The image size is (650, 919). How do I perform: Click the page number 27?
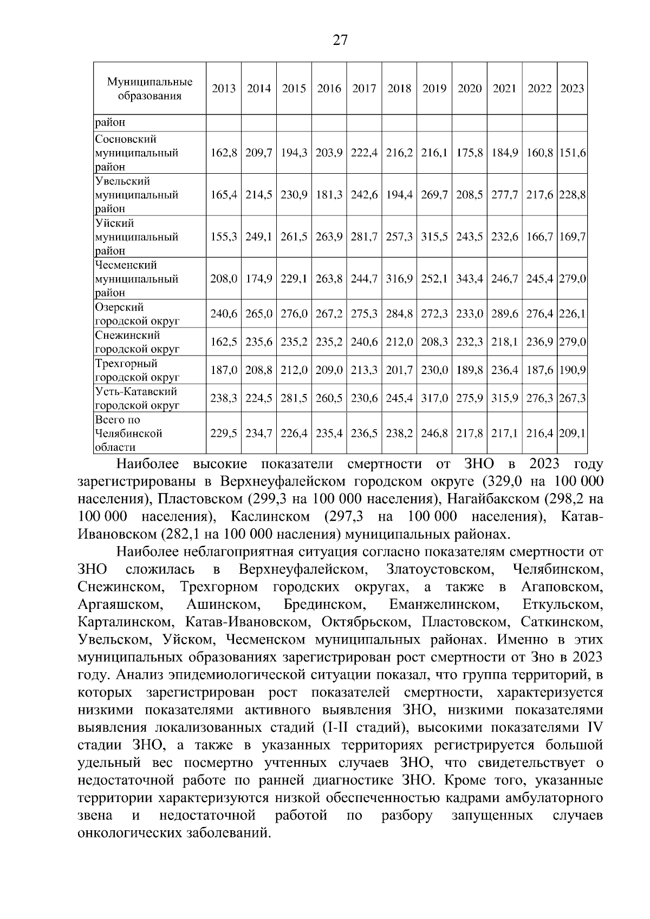(340, 40)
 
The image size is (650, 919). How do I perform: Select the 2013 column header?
(224, 89)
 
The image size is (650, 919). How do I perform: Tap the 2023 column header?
(572, 89)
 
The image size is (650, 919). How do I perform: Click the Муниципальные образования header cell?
(150, 89)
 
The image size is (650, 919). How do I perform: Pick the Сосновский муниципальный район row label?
(136, 153)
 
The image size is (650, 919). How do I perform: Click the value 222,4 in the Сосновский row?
(364, 153)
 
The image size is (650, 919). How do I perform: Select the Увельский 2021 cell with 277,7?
(504, 195)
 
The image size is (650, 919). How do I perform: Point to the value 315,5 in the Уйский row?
(434, 237)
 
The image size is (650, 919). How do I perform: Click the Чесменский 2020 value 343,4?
(469, 279)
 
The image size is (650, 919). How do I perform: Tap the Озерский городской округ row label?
(136, 314)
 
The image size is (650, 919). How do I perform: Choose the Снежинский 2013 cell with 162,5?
(224, 342)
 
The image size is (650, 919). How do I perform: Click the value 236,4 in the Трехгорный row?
(504, 370)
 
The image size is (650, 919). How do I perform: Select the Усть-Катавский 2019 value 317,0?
(434, 398)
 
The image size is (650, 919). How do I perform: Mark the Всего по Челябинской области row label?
(130, 434)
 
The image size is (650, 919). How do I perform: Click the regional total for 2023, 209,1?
(572, 434)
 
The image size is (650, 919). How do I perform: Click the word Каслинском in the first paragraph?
(270, 516)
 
